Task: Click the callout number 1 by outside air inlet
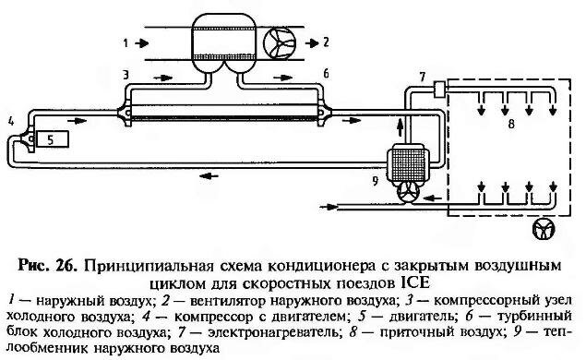click(126, 43)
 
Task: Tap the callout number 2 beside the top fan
click(326, 42)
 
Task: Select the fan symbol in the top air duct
click(280, 43)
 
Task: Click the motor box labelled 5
click(53, 139)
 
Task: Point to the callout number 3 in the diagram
click(126, 75)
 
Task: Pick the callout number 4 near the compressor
click(11, 121)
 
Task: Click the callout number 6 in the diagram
click(326, 74)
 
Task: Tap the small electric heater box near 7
click(438, 89)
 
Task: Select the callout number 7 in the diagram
click(423, 77)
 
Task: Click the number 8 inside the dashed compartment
click(511, 124)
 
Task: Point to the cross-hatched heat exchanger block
click(408, 164)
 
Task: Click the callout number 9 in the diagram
click(376, 181)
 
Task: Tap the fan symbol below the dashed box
click(544, 229)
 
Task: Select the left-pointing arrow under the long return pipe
click(209, 175)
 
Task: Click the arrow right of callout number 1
click(142, 43)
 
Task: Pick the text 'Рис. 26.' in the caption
click(47, 265)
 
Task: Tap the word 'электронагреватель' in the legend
click(275, 332)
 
